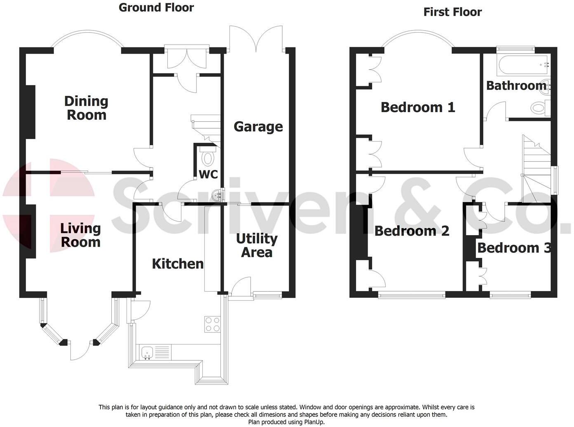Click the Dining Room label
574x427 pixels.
pos(86,108)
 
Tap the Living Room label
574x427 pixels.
pos(80,235)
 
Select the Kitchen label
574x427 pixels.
pos(178,264)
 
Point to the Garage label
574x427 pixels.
pos(258,127)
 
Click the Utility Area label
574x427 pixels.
pos(257,245)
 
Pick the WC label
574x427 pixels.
pos(209,175)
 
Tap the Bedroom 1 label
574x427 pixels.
pos(418,107)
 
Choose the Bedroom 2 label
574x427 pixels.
pos(412,231)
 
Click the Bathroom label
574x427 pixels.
pos(516,85)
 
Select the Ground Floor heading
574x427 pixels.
pos(156,7)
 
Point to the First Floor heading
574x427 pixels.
pos(452,12)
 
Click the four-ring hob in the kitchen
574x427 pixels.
pos(213,324)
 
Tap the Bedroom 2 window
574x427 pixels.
pos(412,295)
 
